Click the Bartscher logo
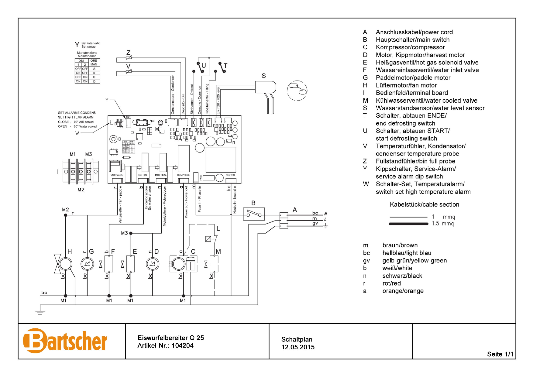point(65,341)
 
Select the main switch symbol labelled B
point(254,214)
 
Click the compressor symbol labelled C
point(183,263)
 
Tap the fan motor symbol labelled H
point(65,264)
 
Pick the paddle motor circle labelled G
point(87,264)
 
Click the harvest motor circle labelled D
point(153,264)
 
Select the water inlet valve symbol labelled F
point(109,264)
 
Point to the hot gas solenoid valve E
point(131,264)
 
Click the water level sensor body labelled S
point(265,87)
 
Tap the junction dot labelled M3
point(131,233)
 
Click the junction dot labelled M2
point(65,215)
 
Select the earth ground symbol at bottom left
point(40,311)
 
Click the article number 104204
point(182,346)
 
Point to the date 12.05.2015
point(298,347)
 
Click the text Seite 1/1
point(500,354)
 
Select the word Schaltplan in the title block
point(297,339)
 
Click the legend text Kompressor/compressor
point(410,47)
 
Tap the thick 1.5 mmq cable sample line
point(408,224)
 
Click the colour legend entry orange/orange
point(403,291)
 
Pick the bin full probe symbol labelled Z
point(129,57)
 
